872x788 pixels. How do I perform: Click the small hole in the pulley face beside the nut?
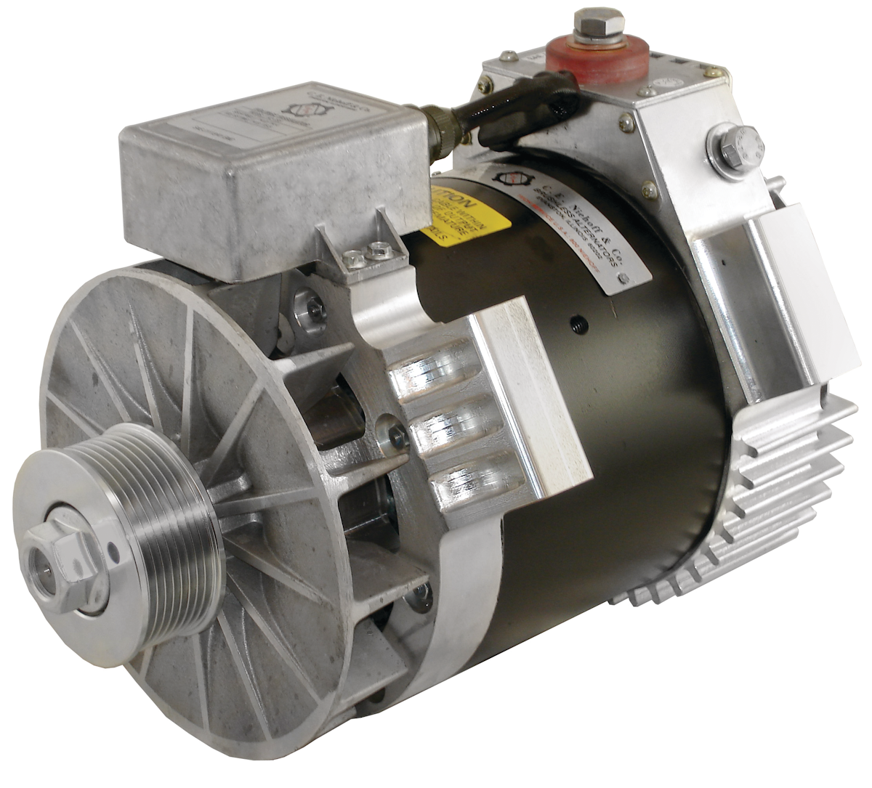112,552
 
